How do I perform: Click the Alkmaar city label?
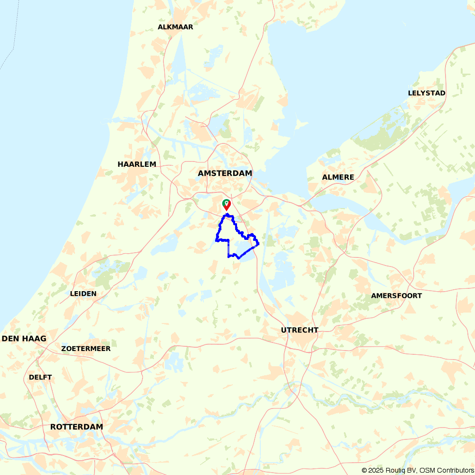175,27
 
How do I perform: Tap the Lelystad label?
427,93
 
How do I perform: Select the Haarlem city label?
137,164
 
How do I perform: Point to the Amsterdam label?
225,173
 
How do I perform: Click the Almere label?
338,177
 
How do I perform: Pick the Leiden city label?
83,294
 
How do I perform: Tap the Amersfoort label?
396,295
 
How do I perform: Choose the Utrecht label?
299,330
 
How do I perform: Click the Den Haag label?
24,339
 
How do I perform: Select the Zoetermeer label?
86,349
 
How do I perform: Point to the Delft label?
40,377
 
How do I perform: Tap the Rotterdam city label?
76,427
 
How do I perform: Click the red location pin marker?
227,205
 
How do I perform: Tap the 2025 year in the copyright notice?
375,470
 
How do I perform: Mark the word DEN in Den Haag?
11,339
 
